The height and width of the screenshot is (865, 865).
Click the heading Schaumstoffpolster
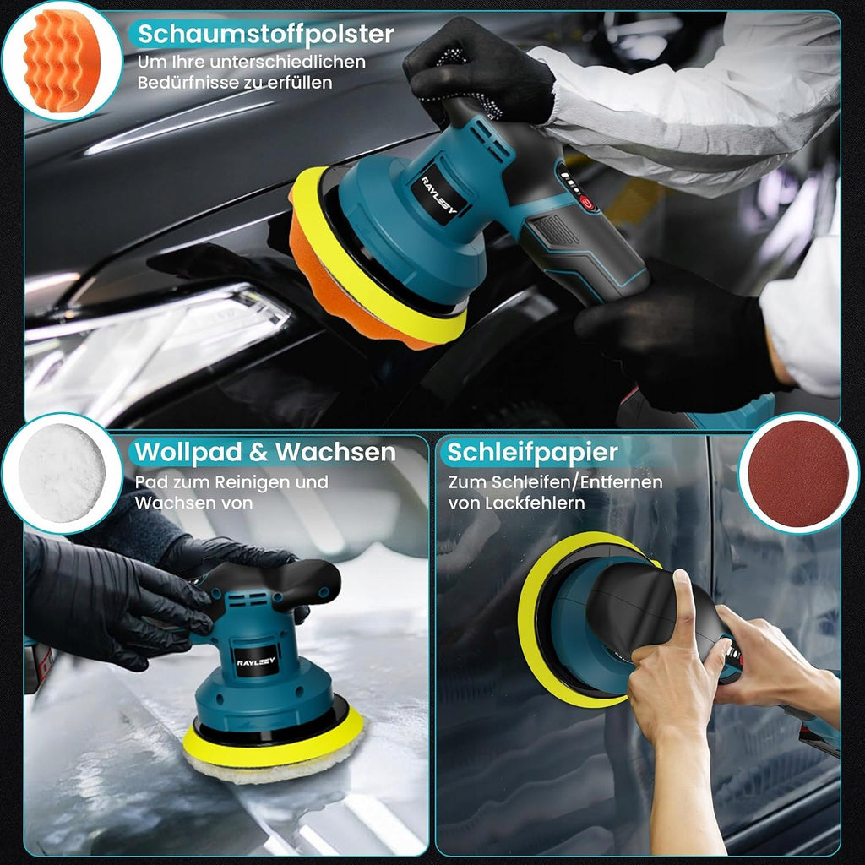pos(265,34)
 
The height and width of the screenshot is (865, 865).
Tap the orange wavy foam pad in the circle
pos(61,60)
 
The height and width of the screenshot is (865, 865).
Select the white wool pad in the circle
pos(61,473)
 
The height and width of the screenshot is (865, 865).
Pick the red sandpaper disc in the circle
pos(798,473)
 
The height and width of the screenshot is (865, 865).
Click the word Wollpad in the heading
pos(188,452)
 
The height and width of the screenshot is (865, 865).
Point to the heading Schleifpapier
pos(532,453)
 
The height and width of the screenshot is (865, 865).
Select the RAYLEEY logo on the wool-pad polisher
pos(255,661)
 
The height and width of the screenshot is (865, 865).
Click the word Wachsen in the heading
pos(335,452)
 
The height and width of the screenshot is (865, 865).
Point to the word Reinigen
pos(252,482)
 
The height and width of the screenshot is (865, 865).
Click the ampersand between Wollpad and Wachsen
pos(258,453)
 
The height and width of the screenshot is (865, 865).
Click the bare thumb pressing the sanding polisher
pos(683,606)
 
